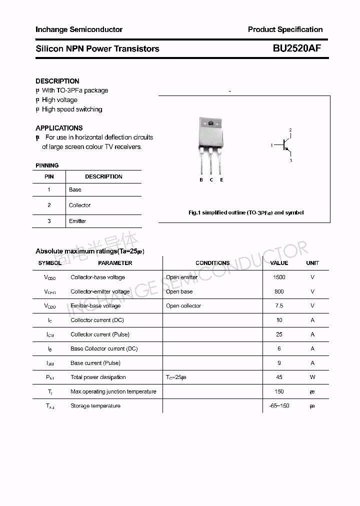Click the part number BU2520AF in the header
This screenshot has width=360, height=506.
(x=297, y=48)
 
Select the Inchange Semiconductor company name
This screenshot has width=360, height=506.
(x=79, y=29)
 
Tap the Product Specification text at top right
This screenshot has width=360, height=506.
(x=285, y=29)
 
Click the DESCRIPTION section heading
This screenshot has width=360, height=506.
(x=57, y=81)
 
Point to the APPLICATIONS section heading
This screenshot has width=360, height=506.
(x=59, y=128)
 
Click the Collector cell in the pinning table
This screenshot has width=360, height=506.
(x=80, y=205)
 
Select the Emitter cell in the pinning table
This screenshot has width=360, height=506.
(x=77, y=221)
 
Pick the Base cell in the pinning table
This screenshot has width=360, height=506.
(x=75, y=189)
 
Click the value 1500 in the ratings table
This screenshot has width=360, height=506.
(x=279, y=277)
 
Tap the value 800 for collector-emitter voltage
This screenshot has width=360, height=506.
(x=279, y=291)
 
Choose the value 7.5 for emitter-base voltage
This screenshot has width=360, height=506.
(x=279, y=305)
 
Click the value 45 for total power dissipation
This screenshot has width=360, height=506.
(x=279, y=377)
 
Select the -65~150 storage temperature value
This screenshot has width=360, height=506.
(x=279, y=405)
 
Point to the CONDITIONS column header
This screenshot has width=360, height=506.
(x=212, y=263)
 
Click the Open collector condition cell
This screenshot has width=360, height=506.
(x=183, y=305)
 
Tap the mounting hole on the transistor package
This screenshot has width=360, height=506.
(x=210, y=123)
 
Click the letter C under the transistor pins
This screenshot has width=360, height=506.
(x=211, y=180)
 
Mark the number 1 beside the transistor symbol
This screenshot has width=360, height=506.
(x=271, y=145)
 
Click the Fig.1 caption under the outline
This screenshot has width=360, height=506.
(x=245, y=212)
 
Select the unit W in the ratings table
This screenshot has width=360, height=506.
(x=312, y=377)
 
